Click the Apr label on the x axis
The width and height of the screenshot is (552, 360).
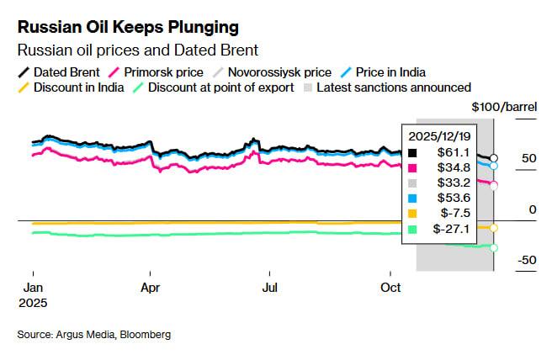pyautogui.click(x=150, y=286)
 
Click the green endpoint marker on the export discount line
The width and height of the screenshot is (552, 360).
pyautogui.click(x=494, y=247)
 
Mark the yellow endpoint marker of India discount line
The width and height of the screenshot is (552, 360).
pyautogui.click(x=494, y=228)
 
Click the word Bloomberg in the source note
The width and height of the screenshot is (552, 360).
pyautogui.click(x=144, y=335)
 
